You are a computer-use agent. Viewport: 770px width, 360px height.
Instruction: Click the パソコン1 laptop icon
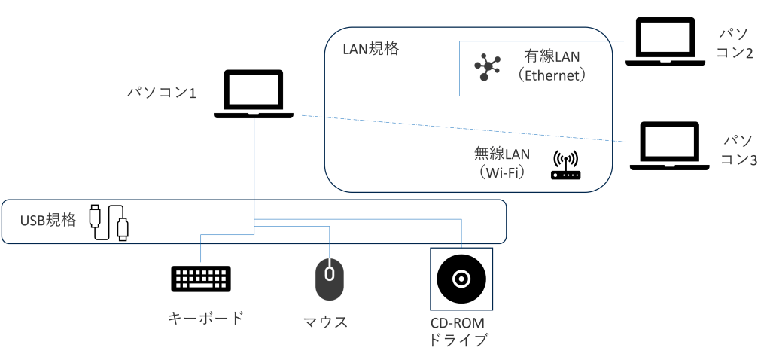[x=253, y=94]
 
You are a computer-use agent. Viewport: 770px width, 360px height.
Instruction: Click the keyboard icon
[x=201, y=279]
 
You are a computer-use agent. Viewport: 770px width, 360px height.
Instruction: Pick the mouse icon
[x=329, y=280]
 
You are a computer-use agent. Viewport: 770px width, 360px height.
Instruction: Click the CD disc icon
[x=461, y=279]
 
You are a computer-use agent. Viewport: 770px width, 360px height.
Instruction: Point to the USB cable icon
[x=109, y=222]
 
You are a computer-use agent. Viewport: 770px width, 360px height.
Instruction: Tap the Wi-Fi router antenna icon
[x=566, y=166]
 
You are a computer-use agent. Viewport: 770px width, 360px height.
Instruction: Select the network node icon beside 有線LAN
[x=487, y=66]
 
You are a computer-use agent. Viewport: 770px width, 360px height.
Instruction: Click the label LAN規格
[x=370, y=50]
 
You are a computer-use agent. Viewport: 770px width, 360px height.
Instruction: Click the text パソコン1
[x=161, y=93]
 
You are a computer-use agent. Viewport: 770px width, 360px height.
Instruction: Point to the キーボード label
[x=205, y=317]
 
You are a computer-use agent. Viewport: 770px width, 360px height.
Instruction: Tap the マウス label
[x=325, y=322]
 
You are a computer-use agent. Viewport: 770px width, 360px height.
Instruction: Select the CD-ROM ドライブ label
[x=458, y=331]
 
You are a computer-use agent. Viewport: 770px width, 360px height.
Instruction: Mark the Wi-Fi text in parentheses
[x=501, y=171]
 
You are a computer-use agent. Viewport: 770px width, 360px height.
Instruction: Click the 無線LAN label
[x=501, y=154]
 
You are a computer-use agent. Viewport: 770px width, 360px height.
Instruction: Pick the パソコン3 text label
[x=738, y=150]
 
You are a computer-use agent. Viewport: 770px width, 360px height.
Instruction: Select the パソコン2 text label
[x=734, y=44]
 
